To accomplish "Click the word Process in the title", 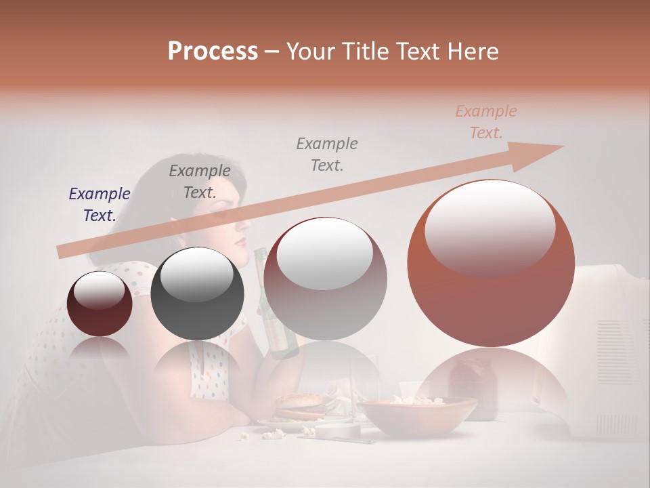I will click(x=213, y=51).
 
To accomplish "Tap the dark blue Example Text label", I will click(x=100, y=204).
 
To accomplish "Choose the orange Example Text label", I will click(x=486, y=121).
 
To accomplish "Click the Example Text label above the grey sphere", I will click(x=200, y=181).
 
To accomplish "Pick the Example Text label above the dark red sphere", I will click(x=327, y=154).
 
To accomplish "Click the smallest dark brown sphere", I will click(x=100, y=304).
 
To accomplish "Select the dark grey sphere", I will click(x=197, y=293).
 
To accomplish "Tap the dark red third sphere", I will click(x=325, y=279).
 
